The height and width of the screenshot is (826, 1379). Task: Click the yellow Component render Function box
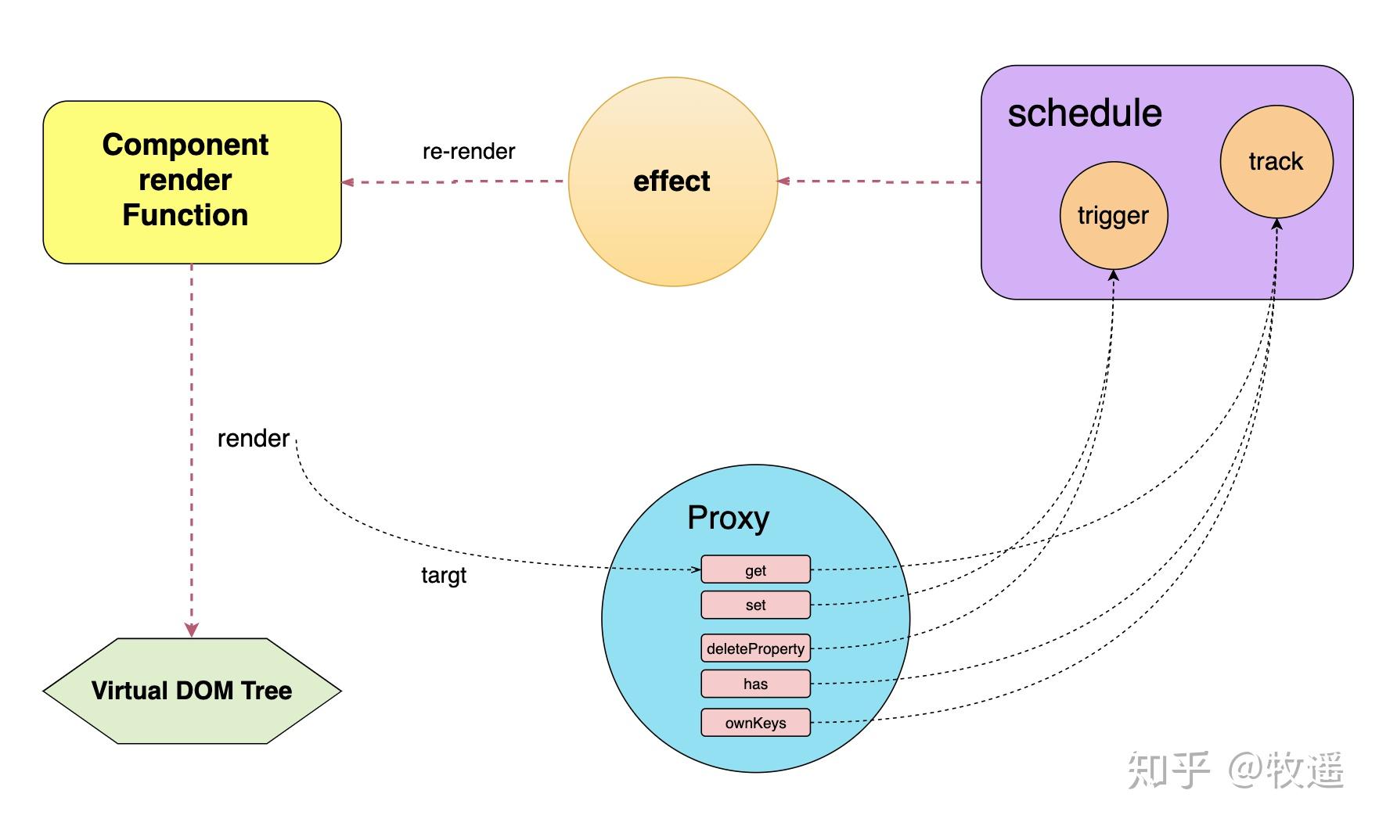[192, 181]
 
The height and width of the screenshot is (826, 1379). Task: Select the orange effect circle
[672, 181]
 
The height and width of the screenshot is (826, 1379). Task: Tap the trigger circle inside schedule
[1113, 216]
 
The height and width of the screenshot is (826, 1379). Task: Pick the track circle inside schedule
[1276, 162]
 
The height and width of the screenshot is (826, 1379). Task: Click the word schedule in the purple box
[1084, 113]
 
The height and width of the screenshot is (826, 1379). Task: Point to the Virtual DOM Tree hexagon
[192, 691]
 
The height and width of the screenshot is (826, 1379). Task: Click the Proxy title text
[728, 518]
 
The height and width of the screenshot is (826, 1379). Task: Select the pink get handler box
[755, 570]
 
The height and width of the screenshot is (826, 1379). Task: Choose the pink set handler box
[755, 605]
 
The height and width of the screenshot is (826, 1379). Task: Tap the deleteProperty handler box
[755, 648]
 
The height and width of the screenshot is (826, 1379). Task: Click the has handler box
[755, 684]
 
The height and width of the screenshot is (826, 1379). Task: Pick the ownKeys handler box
[755, 723]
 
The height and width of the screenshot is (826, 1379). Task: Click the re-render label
[469, 151]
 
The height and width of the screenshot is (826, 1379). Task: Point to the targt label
[444, 576]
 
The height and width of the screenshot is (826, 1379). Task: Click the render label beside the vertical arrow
[253, 439]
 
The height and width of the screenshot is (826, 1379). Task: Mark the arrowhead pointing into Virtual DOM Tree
[192, 630]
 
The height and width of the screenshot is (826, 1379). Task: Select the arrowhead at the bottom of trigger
[1114, 275]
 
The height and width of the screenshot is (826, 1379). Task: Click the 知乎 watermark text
[1168, 770]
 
